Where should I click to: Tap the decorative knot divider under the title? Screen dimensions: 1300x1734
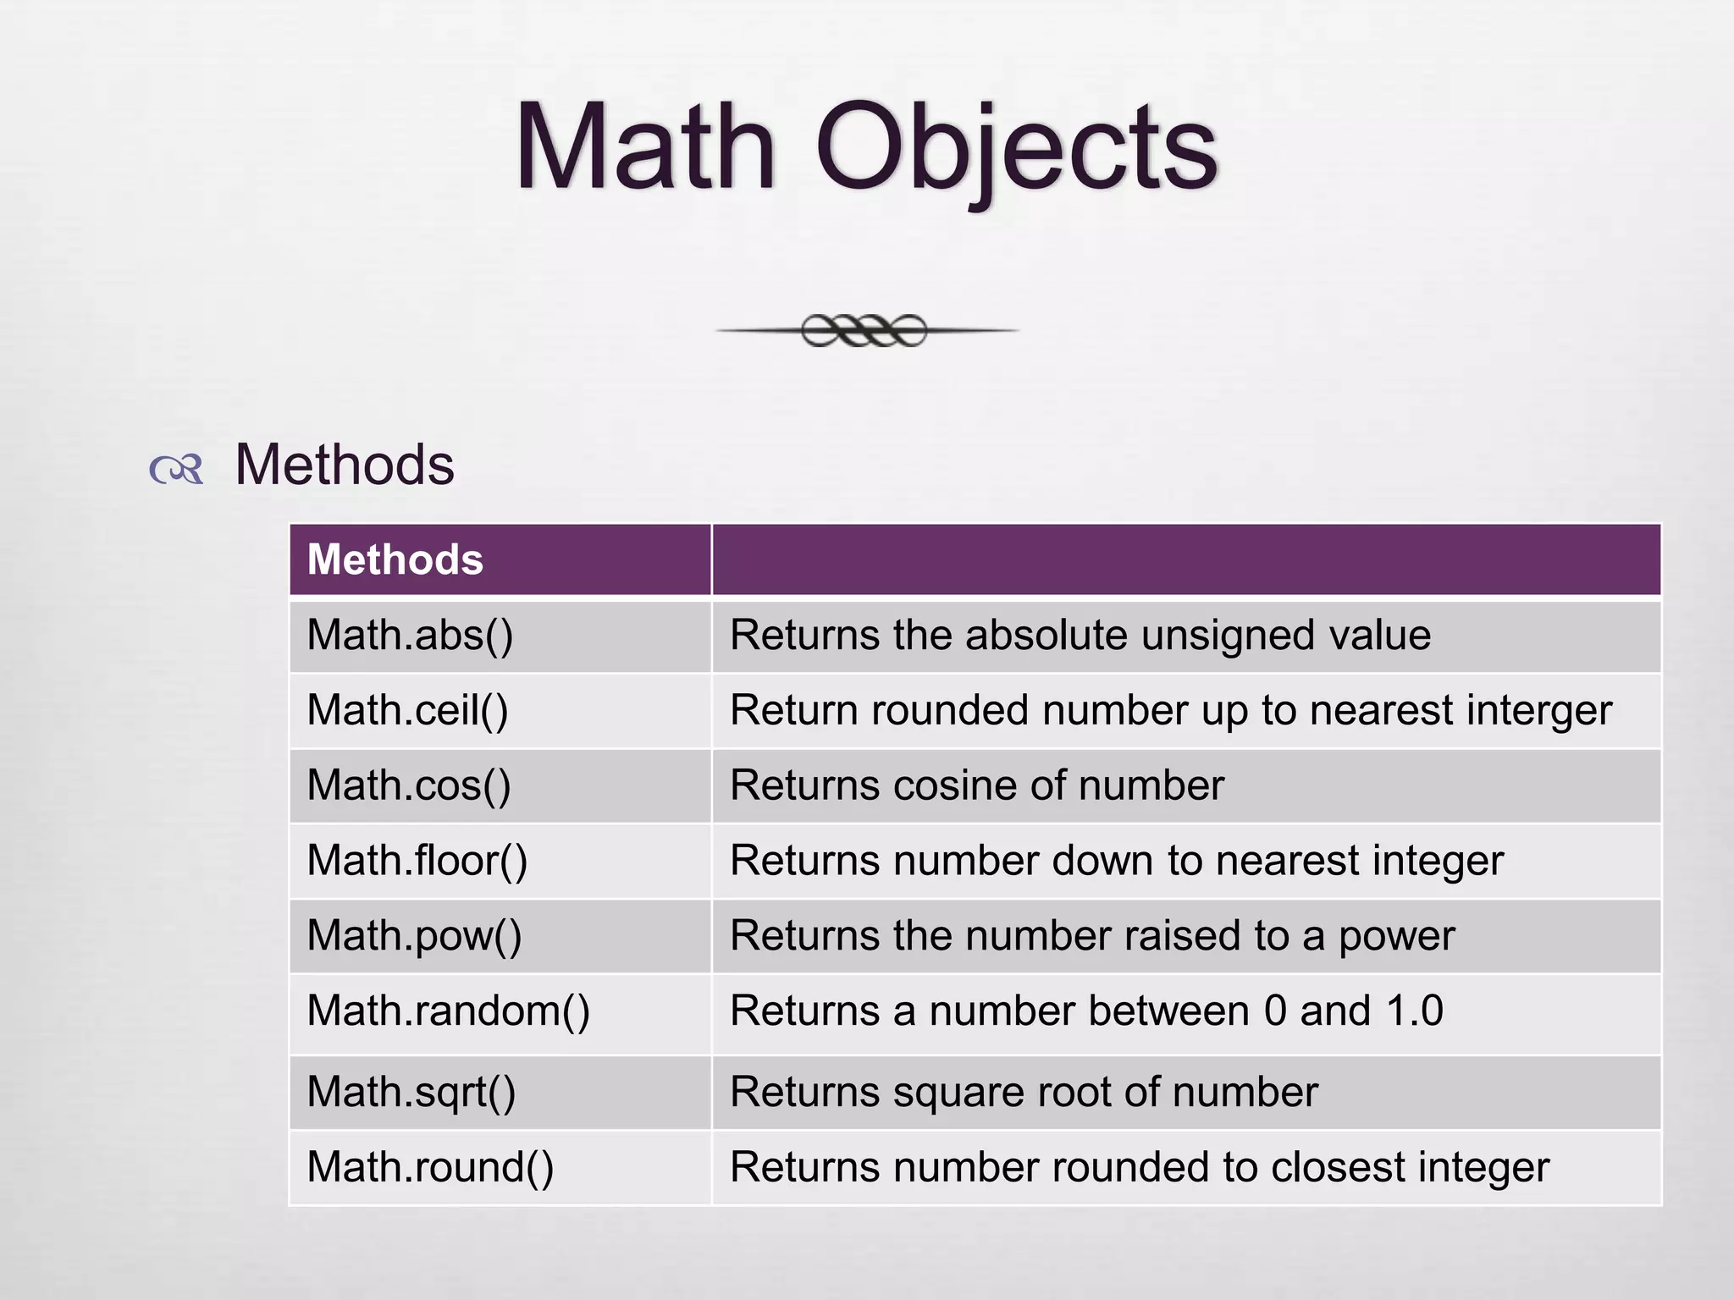coord(865,330)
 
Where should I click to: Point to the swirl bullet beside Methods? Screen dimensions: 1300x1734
coord(176,468)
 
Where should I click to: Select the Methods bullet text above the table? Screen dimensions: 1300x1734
coord(345,465)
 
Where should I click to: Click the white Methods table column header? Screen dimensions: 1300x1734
coord(395,559)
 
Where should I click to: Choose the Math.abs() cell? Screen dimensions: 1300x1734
coord(410,635)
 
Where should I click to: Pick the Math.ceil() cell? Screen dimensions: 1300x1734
coord(407,710)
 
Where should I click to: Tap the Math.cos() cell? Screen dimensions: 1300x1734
coord(409,785)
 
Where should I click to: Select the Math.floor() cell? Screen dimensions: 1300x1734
coord(417,861)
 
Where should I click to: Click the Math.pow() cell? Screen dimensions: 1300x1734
coord(414,936)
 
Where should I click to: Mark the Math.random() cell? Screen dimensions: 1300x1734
coord(448,1011)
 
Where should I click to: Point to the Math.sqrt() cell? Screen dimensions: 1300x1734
coord(411,1092)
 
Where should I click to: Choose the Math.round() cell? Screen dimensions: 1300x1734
coord(430,1167)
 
